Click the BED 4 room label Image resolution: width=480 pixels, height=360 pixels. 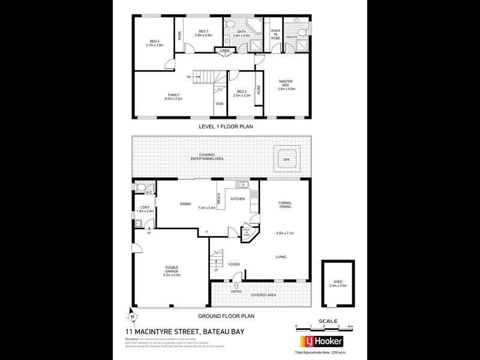coord(154,42)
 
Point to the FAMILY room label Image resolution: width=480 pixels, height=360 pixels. coord(174,95)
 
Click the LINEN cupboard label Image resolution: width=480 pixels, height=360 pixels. coord(224,50)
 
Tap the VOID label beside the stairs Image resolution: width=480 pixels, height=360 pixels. coord(220,104)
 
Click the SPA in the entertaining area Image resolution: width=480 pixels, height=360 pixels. coord(286,160)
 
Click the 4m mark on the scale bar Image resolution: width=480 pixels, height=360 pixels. coord(350,326)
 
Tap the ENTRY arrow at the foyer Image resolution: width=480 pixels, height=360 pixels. coord(235,285)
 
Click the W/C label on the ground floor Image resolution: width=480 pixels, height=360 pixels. coord(149,193)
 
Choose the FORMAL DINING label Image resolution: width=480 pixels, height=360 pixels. coord(286,206)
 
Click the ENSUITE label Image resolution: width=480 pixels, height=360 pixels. coord(292,37)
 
